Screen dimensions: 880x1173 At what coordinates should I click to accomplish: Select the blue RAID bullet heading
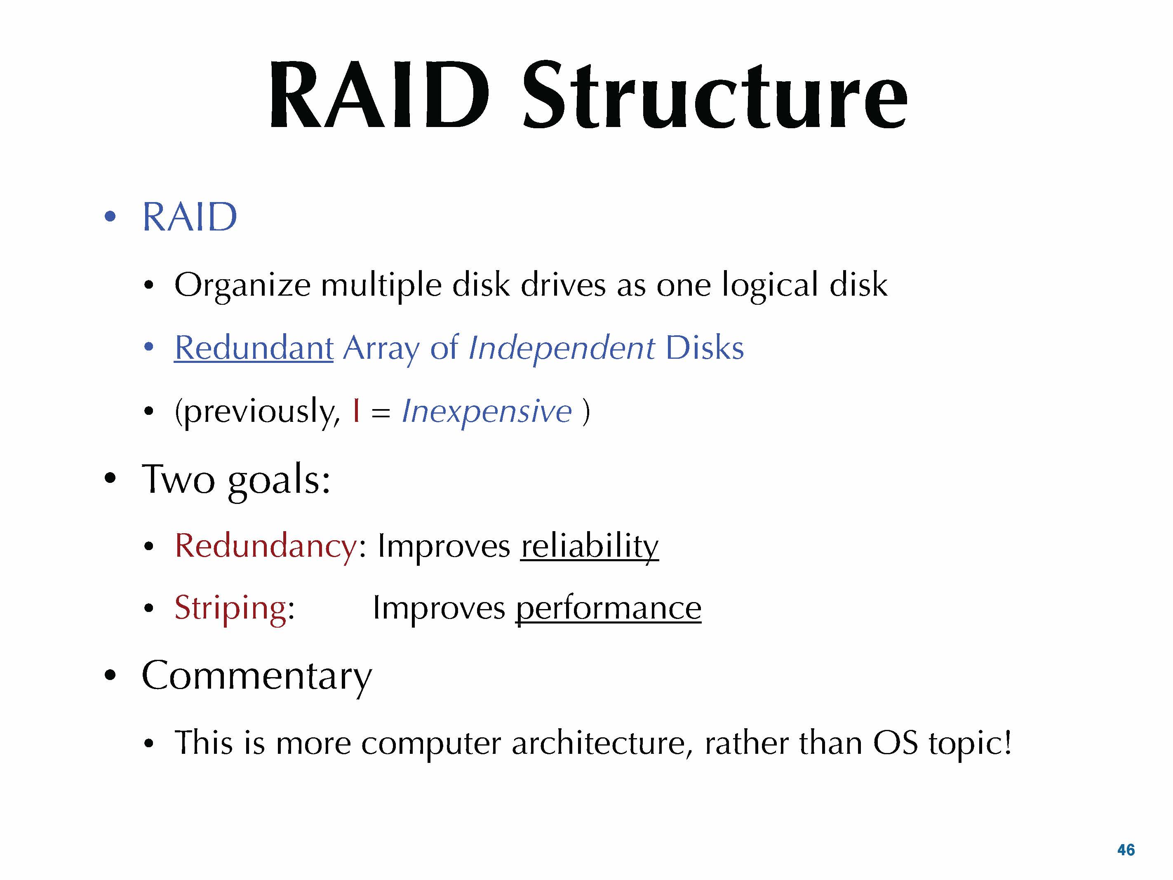(189, 217)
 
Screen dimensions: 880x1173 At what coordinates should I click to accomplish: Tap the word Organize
(242, 285)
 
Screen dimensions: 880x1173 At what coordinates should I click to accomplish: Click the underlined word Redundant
(254, 348)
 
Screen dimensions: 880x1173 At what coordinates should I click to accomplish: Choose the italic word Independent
(562, 348)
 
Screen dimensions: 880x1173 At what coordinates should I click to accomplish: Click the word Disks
(704, 348)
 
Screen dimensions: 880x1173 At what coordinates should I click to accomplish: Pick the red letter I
(356, 411)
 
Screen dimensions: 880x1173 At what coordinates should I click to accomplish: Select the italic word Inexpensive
(487, 411)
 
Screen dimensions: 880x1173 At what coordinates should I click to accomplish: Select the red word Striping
(230, 608)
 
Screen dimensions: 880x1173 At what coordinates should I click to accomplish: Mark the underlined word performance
(608, 608)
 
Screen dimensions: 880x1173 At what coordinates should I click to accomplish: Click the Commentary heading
(257, 676)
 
